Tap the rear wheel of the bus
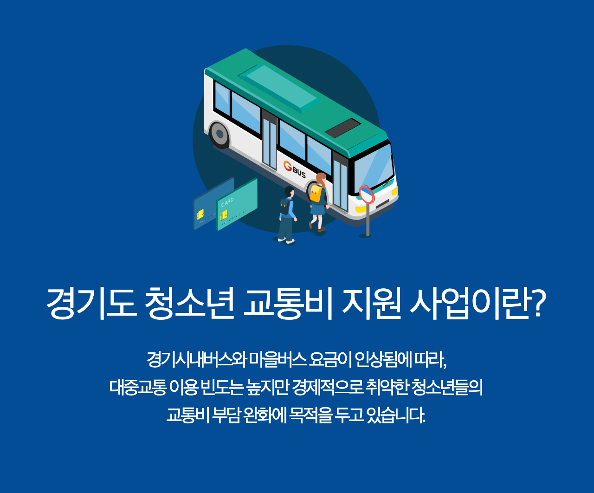(x=220, y=135)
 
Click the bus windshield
(x=374, y=168)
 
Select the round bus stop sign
(x=367, y=194)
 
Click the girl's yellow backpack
(x=316, y=194)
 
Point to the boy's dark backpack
(x=284, y=206)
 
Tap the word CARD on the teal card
(x=227, y=202)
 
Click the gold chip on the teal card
(x=224, y=215)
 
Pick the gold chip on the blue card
(x=200, y=214)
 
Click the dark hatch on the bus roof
(x=342, y=128)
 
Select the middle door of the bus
(x=269, y=142)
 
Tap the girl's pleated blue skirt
(x=317, y=209)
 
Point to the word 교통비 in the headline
(x=288, y=303)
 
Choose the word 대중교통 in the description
(x=137, y=387)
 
